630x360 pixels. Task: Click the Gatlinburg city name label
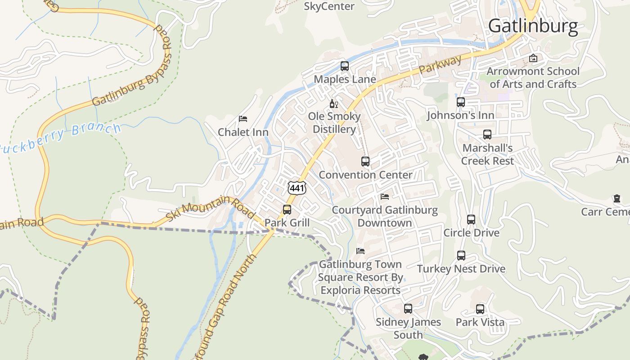point(533,26)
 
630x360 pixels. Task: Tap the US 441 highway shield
point(297,188)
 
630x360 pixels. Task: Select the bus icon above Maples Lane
point(345,66)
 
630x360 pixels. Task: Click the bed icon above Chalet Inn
point(243,119)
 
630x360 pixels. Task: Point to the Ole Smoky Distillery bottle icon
point(333,104)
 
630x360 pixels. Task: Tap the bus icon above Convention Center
point(365,162)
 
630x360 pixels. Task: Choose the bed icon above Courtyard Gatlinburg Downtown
point(385,197)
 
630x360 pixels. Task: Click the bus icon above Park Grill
point(287,210)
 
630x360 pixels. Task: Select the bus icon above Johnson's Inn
point(461,102)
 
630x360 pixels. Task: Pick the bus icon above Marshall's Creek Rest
point(487,135)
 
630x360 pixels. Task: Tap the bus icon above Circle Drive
point(471,220)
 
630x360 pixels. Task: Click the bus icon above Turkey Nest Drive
point(461,256)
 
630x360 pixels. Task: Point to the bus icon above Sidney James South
point(408,309)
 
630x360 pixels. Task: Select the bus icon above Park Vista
point(480,309)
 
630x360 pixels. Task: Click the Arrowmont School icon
point(533,58)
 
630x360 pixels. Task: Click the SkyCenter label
point(329,6)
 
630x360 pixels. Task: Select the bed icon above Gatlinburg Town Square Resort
point(360,251)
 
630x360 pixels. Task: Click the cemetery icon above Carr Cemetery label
point(616,198)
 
